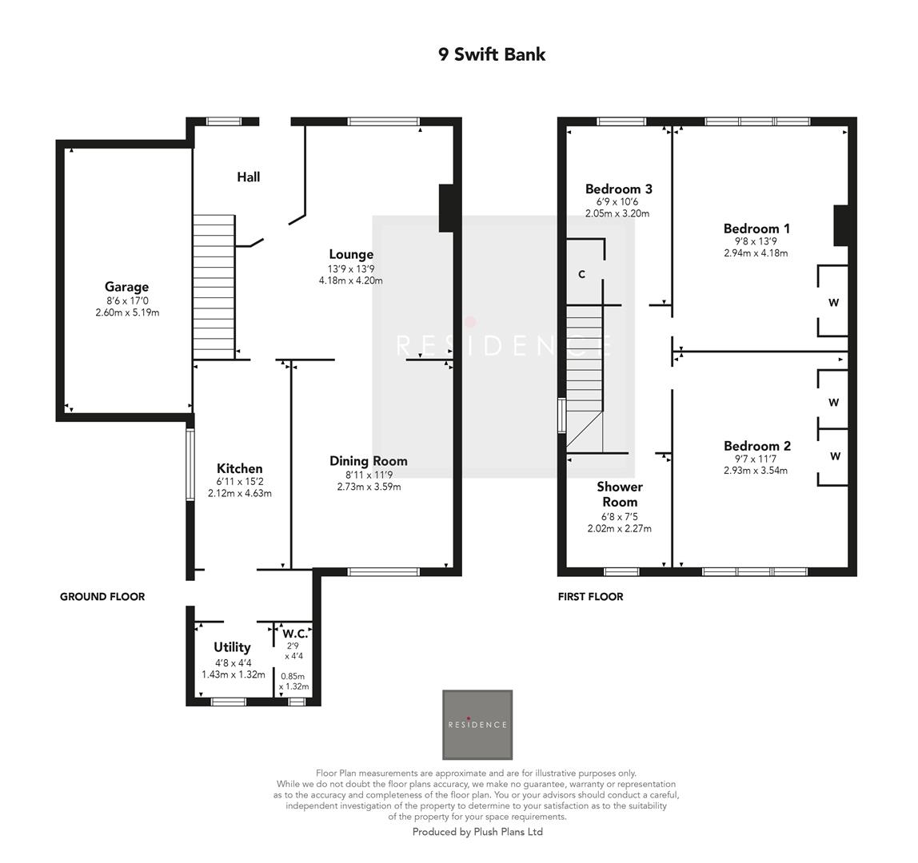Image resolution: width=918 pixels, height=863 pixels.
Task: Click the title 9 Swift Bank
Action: pyautogui.click(x=492, y=54)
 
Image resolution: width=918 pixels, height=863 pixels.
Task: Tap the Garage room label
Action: pyautogui.click(x=126, y=287)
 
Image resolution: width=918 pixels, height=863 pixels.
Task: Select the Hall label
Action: pyautogui.click(x=248, y=177)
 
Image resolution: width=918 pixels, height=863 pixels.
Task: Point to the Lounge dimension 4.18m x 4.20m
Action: pyautogui.click(x=350, y=280)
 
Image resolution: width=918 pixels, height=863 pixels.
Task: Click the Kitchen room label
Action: pyautogui.click(x=239, y=468)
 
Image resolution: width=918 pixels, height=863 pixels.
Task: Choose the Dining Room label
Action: pyautogui.click(x=369, y=461)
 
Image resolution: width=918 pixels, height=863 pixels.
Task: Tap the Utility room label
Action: pyautogui.click(x=232, y=647)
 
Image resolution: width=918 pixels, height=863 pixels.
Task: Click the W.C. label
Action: pyautogui.click(x=295, y=634)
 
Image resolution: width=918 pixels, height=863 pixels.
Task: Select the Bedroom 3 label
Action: pyautogui.click(x=618, y=189)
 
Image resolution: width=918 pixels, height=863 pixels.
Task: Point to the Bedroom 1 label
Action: pyautogui.click(x=756, y=229)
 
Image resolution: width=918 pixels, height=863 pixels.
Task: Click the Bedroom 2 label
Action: pyautogui.click(x=756, y=446)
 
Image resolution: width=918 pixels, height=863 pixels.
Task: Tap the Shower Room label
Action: pyautogui.click(x=619, y=494)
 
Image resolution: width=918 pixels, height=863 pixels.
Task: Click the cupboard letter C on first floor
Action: pyautogui.click(x=581, y=274)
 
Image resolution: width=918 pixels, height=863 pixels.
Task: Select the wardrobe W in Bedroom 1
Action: pyautogui.click(x=833, y=303)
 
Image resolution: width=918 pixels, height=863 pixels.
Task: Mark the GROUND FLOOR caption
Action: pyautogui.click(x=102, y=596)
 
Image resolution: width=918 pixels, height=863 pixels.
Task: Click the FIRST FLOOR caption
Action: pyautogui.click(x=590, y=596)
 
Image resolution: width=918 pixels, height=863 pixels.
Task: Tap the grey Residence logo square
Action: pyautogui.click(x=477, y=725)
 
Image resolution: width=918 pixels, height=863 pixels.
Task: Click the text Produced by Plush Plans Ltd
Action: pyautogui.click(x=477, y=832)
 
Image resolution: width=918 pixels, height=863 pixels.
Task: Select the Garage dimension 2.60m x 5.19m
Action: pyautogui.click(x=126, y=312)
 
